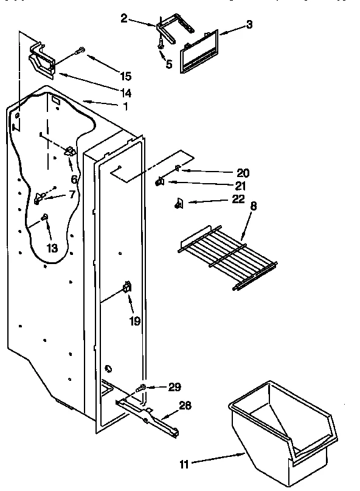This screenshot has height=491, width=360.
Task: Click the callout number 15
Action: [x=125, y=76]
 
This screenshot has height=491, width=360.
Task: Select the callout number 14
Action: [x=125, y=92]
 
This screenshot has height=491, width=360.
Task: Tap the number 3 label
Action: [x=249, y=24]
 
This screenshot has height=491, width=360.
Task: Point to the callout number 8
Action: [x=254, y=206]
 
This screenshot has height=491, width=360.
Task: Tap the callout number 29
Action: [x=175, y=387]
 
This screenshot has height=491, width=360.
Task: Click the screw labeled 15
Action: [x=80, y=52]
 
